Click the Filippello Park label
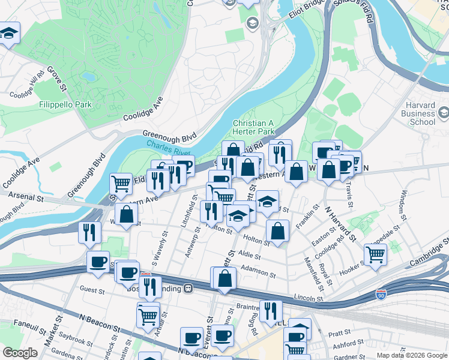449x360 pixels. pyautogui.click(x=65, y=104)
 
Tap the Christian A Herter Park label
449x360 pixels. pyautogui.click(x=253, y=127)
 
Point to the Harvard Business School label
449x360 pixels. pyautogui.click(x=418, y=113)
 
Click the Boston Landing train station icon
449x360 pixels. pyautogui.click(x=188, y=288)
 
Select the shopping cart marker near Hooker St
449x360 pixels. pyautogui.click(x=375, y=254)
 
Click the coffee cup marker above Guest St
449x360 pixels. pyautogui.click(x=98, y=262)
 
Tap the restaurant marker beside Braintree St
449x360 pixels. pyautogui.click(x=271, y=310)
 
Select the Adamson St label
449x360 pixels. pyautogui.click(x=258, y=274)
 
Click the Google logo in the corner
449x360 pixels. pyautogui.click(x=20, y=353)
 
